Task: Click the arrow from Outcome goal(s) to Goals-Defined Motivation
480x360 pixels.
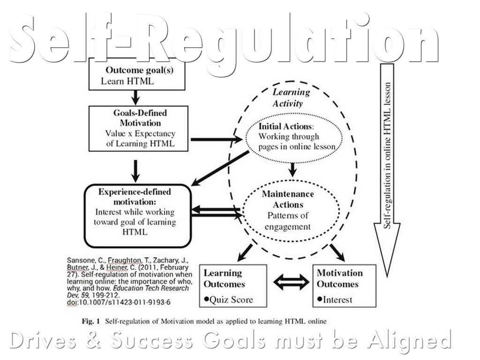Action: click(x=135, y=97)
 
